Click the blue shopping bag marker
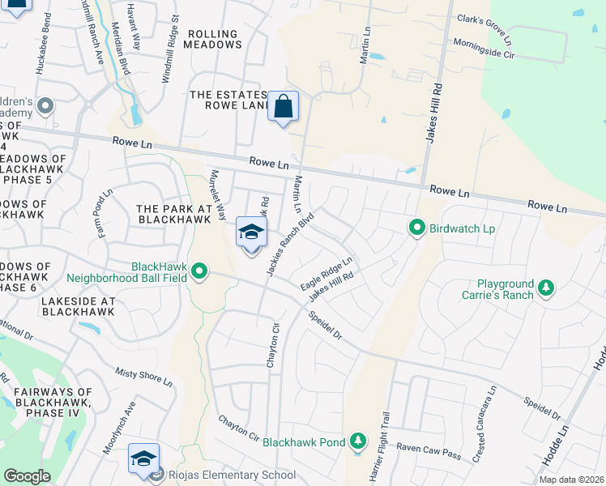283,106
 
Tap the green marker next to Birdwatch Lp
417,229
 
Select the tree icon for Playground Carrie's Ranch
547,288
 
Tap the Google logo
27,476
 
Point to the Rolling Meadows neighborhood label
213,40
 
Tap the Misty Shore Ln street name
144,376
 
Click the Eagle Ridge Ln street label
326,274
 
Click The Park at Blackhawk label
169,214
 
